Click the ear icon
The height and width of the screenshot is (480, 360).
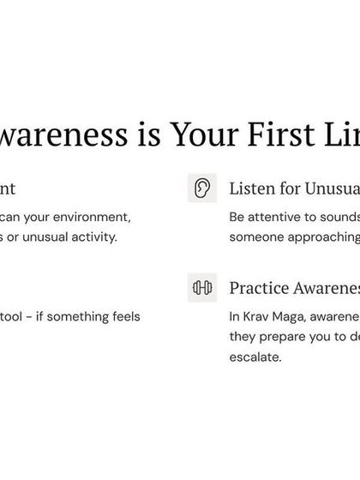coord(202,188)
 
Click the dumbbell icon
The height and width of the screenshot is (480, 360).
coord(202,288)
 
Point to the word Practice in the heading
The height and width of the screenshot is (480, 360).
coord(259,288)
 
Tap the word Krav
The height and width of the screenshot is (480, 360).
coord(260,316)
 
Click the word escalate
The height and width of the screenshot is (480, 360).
coord(255,357)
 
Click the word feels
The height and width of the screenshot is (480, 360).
coord(124,316)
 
